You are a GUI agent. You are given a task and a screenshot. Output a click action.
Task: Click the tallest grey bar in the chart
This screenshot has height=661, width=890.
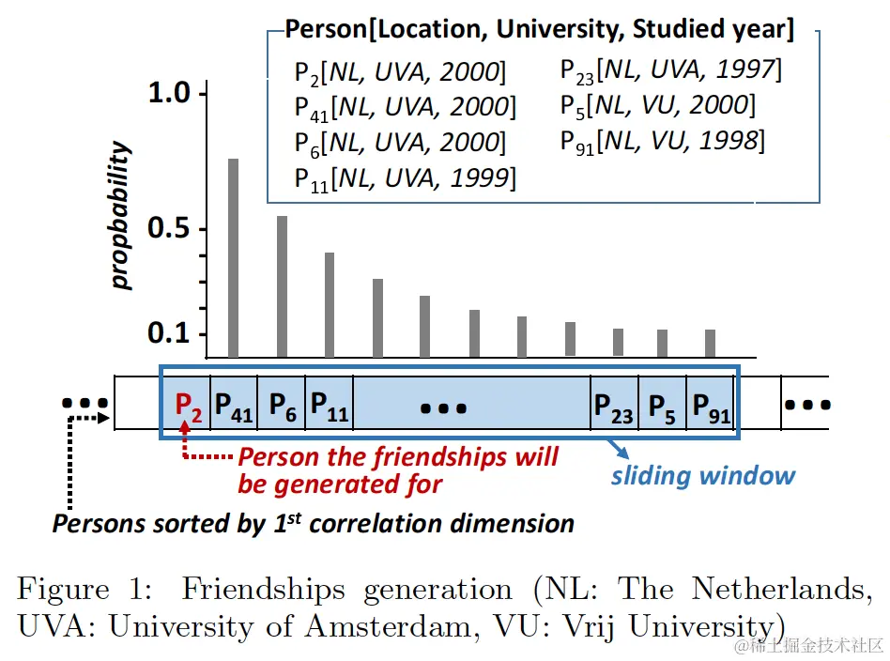[234, 257]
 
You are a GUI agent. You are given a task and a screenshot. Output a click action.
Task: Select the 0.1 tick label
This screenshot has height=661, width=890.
[169, 333]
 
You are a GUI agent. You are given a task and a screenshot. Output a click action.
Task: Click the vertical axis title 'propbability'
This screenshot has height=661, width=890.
[121, 216]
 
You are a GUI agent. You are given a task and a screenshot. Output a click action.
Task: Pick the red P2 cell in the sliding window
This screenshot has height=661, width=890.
[188, 405]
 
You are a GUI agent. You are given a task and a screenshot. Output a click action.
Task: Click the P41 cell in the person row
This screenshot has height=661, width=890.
[234, 405]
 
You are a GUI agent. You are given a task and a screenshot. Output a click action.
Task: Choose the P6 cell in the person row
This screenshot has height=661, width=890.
[283, 405]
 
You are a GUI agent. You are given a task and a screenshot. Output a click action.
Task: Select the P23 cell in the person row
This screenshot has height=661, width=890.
[614, 407]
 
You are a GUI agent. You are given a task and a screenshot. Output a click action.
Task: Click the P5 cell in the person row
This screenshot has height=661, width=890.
[662, 407]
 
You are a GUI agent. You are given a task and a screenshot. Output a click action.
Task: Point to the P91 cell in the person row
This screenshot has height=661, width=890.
[712, 407]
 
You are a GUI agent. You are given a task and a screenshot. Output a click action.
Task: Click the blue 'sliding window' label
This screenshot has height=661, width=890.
[702, 475]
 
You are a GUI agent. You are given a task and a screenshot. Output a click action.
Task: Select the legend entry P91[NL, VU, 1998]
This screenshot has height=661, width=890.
[662, 142]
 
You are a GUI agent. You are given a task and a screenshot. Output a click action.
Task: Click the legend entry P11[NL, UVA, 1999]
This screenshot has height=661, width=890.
[405, 177]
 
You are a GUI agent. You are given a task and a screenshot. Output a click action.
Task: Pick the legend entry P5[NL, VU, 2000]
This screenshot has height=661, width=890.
[657, 106]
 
